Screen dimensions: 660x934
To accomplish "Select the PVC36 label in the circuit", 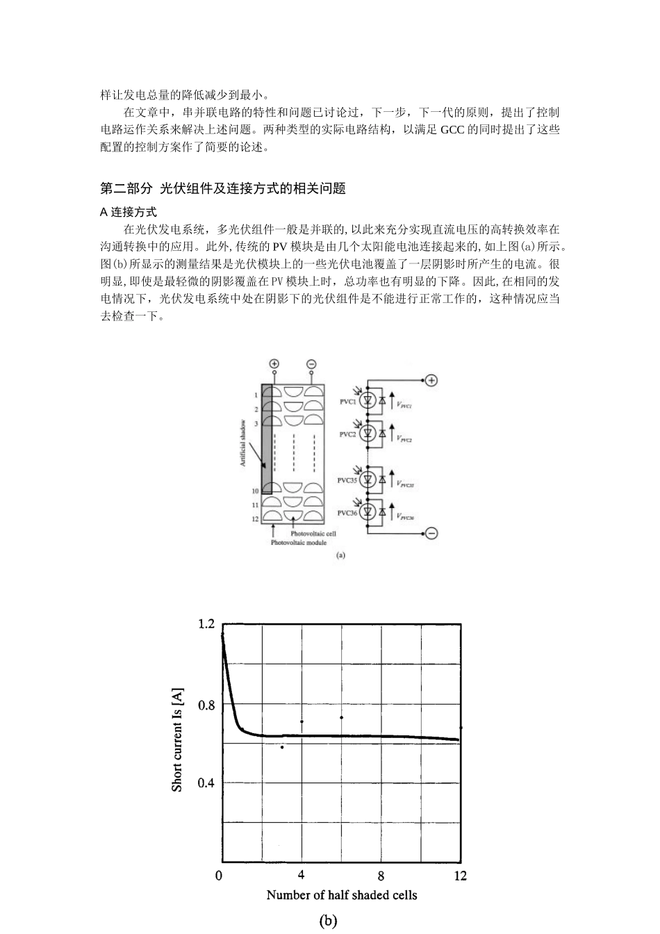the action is [347, 513].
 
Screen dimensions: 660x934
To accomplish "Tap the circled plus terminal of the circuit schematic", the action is [431, 380].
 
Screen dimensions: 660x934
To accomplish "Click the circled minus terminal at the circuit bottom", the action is [431, 534].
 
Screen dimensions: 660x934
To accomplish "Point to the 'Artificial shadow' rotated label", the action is [243, 443].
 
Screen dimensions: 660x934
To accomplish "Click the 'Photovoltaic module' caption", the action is [298, 542].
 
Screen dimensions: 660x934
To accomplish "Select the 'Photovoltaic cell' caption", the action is [313, 534].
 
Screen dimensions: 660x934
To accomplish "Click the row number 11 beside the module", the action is [255, 505].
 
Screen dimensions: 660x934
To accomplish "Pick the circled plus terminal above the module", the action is [274, 363].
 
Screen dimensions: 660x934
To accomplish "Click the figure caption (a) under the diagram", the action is [340, 555].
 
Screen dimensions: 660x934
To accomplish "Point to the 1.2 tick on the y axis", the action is [206, 624].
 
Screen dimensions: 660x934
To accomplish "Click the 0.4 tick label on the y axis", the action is [206, 783].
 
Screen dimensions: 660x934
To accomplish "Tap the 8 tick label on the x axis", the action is [381, 876].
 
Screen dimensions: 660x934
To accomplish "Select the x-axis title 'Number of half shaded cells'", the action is [342, 895].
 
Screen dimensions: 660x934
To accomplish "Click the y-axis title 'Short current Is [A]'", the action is [178, 740].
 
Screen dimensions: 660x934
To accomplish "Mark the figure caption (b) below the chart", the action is [328, 921].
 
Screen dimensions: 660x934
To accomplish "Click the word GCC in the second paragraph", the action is [453, 130].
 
